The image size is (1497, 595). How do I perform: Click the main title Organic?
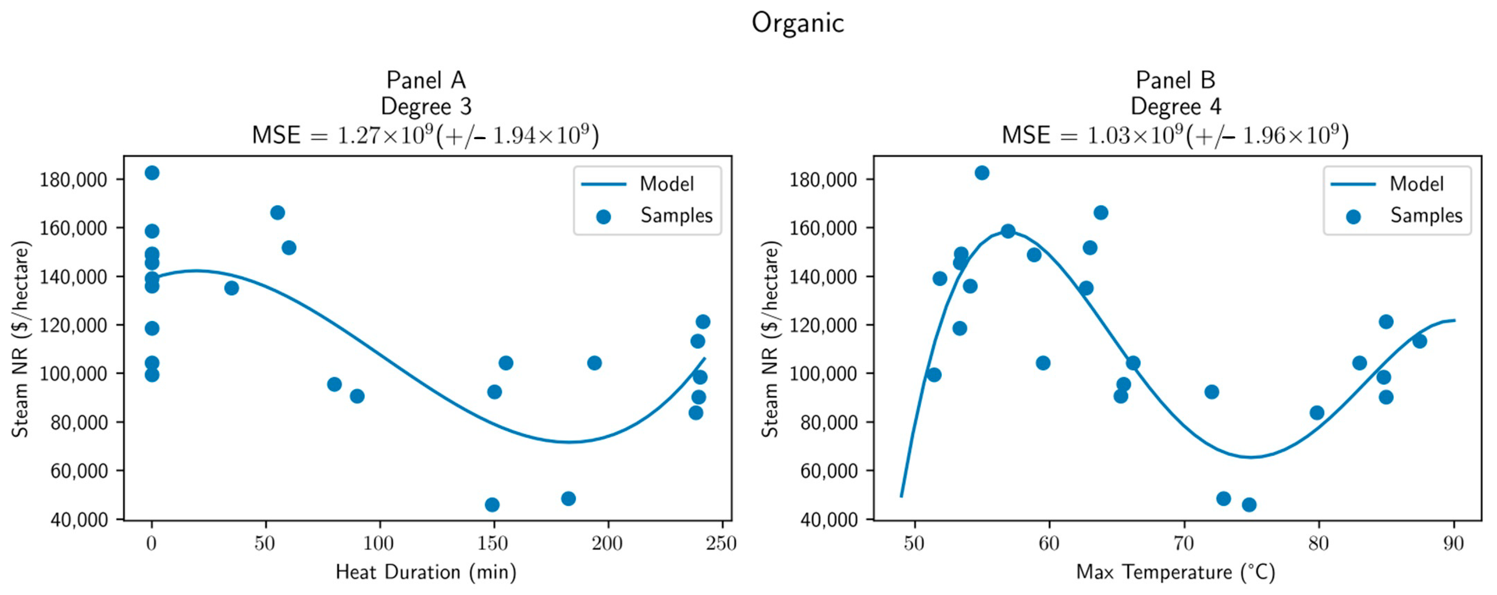[797, 23]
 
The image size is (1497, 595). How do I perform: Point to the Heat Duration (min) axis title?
[426, 572]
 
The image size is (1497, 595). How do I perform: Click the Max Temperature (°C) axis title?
[1176, 572]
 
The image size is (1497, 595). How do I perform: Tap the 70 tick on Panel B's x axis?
[1184, 544]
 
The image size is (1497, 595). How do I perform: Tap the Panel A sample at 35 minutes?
[231, 288]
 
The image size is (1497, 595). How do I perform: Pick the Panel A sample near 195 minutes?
[594, 363]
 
